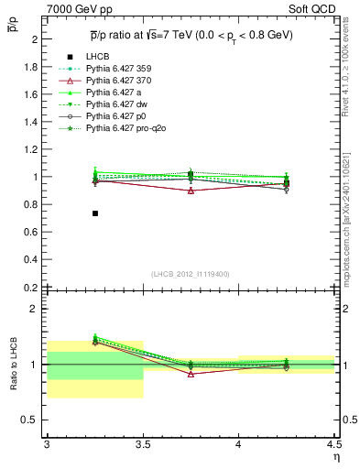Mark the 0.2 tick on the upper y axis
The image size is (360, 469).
pos(31,287)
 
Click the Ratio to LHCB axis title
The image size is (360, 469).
pos(12,365)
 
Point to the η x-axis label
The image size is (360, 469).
pos(335,456)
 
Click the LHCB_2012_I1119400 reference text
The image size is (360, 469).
pos(190,274)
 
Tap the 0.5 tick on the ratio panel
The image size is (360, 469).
pos(31,420)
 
